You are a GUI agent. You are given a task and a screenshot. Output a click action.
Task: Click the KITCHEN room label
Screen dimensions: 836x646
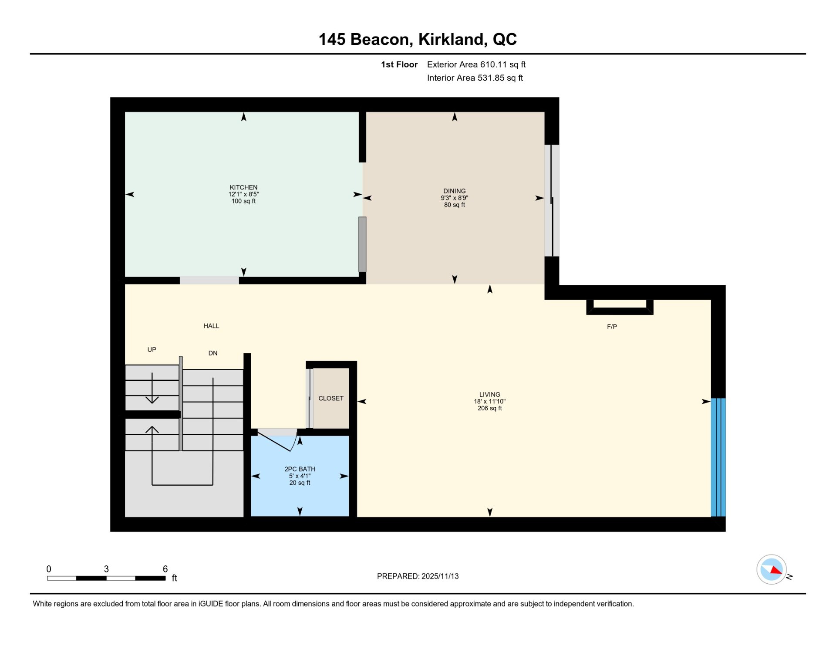pyautogui.click(x=243, y=187)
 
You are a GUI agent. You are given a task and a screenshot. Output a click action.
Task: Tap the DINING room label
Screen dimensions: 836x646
pyautogui.click(x=454, y=191)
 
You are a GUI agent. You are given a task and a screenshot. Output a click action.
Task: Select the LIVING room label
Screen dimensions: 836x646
pyautogui.click(x=489, y=394)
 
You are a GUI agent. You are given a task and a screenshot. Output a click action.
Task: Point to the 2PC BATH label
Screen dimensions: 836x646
pyautogui.click(x=300, y=469)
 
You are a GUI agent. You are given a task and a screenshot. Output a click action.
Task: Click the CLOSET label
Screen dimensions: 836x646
pyautogui.click(x=331, y=398)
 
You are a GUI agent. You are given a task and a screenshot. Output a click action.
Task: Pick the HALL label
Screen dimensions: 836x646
pyautogui.click(x=211, y=326)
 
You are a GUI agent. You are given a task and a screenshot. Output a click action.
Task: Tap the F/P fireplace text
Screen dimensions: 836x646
pyautogui.click(x=612, y=326)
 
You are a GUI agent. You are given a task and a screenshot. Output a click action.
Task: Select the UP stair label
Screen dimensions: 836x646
pyautogui.click(x=152, y=349)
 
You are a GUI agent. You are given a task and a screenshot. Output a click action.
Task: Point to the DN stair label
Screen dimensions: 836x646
pyautogui.click(x=212, y=353)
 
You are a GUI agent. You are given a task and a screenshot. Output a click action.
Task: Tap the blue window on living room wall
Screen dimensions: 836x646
pyautogui.click(x=718, y=457)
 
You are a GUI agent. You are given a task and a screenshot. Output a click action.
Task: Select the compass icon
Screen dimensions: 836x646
pyautogui.click(x=771, y=569)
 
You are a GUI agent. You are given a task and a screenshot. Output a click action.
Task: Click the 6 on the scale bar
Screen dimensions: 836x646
pyautogui.click(x=165, y=569)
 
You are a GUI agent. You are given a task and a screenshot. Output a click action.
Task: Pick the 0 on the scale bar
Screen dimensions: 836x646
pyautogui.click(x=49, y=569)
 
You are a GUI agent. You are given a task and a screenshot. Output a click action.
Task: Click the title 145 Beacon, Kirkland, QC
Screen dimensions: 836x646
pyautogui.click(x=418, y=39)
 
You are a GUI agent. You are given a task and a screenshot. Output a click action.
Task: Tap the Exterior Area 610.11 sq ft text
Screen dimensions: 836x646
pyautogui.click(x=476, y=64)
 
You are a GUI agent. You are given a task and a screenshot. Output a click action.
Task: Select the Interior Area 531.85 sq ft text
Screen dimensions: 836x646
pyautogui.click(x=475, y=78)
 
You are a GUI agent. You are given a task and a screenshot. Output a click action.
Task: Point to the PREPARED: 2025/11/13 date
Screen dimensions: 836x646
pyautogui.click(x=418, y=576)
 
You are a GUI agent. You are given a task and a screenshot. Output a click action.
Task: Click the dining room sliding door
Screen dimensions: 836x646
pyautogui.click(x=552, y=200)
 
